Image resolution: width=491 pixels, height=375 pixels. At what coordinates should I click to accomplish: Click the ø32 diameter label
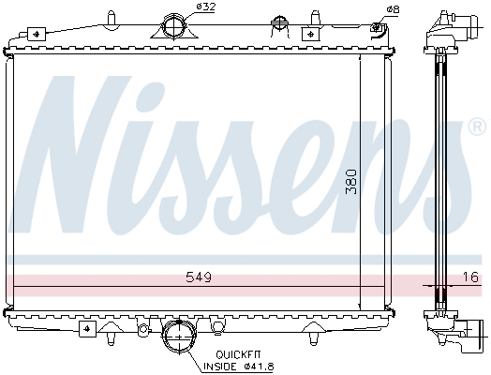pos(206,9)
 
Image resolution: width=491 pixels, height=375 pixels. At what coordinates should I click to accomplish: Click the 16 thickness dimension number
pos(469,277)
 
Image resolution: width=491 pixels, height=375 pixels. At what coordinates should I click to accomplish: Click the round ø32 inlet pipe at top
pos(175,25)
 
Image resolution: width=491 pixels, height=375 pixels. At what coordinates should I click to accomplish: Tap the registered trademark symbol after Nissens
pos(476,125)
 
